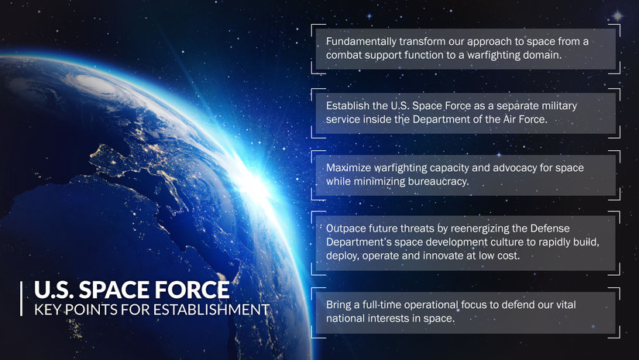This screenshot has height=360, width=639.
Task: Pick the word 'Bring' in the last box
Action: point(340,304)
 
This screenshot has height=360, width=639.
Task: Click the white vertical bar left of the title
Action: point(22,299)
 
